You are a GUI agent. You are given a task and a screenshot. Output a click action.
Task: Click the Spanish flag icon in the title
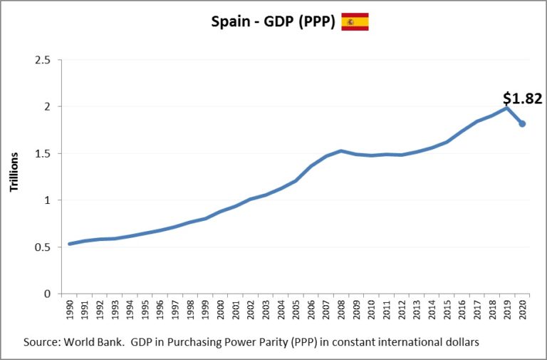355,22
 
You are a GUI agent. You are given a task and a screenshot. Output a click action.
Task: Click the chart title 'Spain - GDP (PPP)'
273,22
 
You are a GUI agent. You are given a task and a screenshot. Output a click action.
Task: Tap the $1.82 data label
522,98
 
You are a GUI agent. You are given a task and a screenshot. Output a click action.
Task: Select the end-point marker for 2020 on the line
522,124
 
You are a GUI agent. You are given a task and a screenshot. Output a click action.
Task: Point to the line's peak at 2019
507,108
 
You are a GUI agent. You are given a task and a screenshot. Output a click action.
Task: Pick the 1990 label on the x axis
70,311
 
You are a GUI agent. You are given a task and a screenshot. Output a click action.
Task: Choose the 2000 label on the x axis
220,311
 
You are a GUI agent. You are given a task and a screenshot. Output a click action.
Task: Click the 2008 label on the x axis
341,311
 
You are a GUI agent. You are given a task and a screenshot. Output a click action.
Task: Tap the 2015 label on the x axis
447,311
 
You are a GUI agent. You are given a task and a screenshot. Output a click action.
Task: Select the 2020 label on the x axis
522,311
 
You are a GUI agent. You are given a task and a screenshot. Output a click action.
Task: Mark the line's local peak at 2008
341,150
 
